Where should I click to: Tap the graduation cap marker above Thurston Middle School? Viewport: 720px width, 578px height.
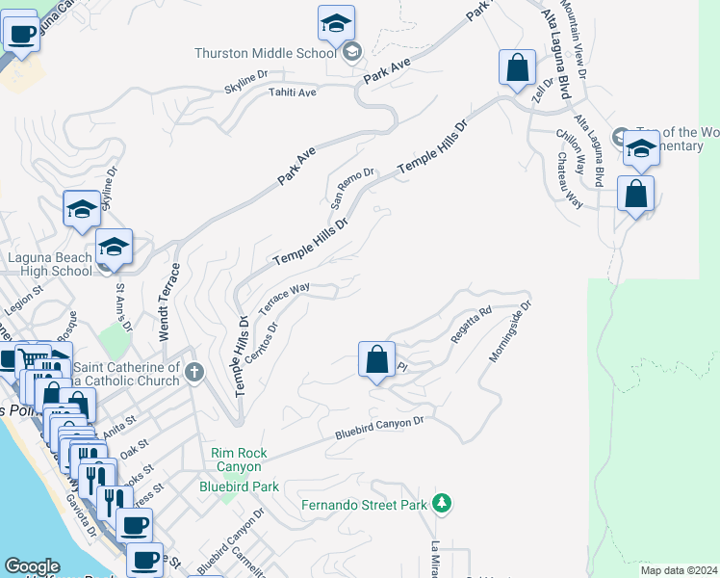(x=336, y=23)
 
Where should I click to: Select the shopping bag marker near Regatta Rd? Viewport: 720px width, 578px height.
(x=377, y=360)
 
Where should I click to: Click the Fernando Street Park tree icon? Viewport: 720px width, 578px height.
(x=442, y=503)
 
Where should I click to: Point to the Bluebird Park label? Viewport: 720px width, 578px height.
(x=238, y=486)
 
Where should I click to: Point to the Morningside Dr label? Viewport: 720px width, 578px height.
(x=509, y=333)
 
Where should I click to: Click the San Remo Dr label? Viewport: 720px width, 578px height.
(x=351, y=187)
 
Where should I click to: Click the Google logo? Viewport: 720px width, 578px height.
(x=32, y=566)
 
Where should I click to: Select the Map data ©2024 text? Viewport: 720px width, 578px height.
(x=679, y=569)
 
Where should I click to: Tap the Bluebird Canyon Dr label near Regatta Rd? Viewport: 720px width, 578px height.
(x=379, y=428)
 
